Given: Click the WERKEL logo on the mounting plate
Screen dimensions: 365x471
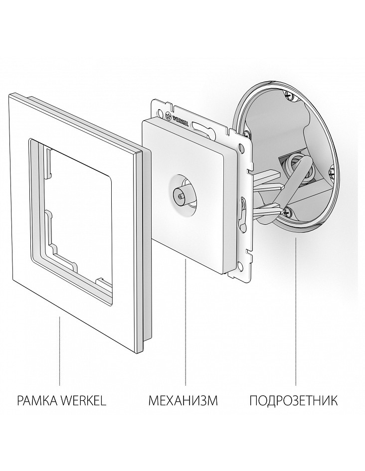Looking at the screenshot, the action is (177, 119).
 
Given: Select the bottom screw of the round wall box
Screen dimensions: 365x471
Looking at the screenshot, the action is (287, 211).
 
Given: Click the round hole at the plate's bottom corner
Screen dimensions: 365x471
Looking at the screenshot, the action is (239, 266).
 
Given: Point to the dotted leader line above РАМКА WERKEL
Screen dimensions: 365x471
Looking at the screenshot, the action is (60, 350).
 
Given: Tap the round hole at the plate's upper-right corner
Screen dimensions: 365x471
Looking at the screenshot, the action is (239, 148).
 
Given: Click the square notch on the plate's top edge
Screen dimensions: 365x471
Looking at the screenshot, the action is (172, 107).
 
